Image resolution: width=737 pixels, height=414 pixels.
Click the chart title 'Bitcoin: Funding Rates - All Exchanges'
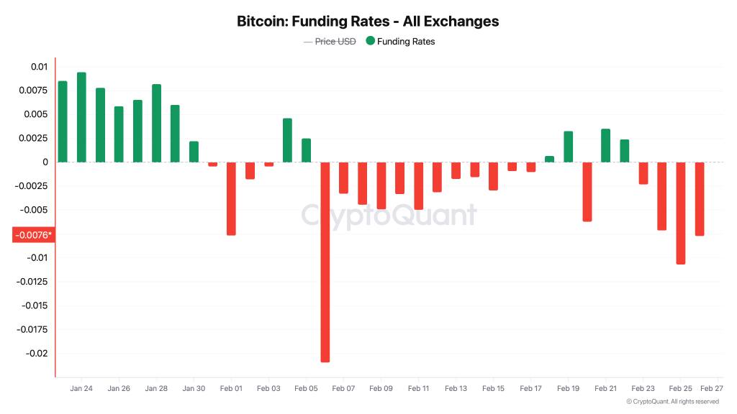tap(368, 21)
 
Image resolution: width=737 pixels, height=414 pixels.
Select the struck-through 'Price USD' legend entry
tap(330, 42)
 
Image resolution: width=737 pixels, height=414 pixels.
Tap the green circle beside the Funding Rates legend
tap(370, 42)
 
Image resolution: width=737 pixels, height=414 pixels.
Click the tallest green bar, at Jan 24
tap(81, 117)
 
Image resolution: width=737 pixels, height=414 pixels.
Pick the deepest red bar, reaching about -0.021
tap(325, 262)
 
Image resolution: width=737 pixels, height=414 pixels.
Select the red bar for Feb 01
tap(231, 198)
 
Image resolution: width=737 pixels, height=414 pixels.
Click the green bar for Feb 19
tap(568, 147)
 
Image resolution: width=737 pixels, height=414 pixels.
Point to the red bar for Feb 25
tap(680, 213)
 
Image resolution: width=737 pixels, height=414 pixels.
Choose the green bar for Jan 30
tap(194, 152)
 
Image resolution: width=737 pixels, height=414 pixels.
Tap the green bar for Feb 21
tap(605, 145)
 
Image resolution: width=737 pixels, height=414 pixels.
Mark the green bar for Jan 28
tap(156, 123)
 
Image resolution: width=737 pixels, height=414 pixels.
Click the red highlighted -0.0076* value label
tap(33, 235)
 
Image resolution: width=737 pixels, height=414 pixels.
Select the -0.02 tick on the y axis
tap(35, 353)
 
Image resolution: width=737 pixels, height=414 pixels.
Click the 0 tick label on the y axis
tap(45, 162)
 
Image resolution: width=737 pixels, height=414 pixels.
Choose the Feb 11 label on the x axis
tap(418, 388)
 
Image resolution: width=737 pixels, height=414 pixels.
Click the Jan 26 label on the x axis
tap(119, 388)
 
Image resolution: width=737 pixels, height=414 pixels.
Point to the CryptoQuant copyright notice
tap(672, 402)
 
